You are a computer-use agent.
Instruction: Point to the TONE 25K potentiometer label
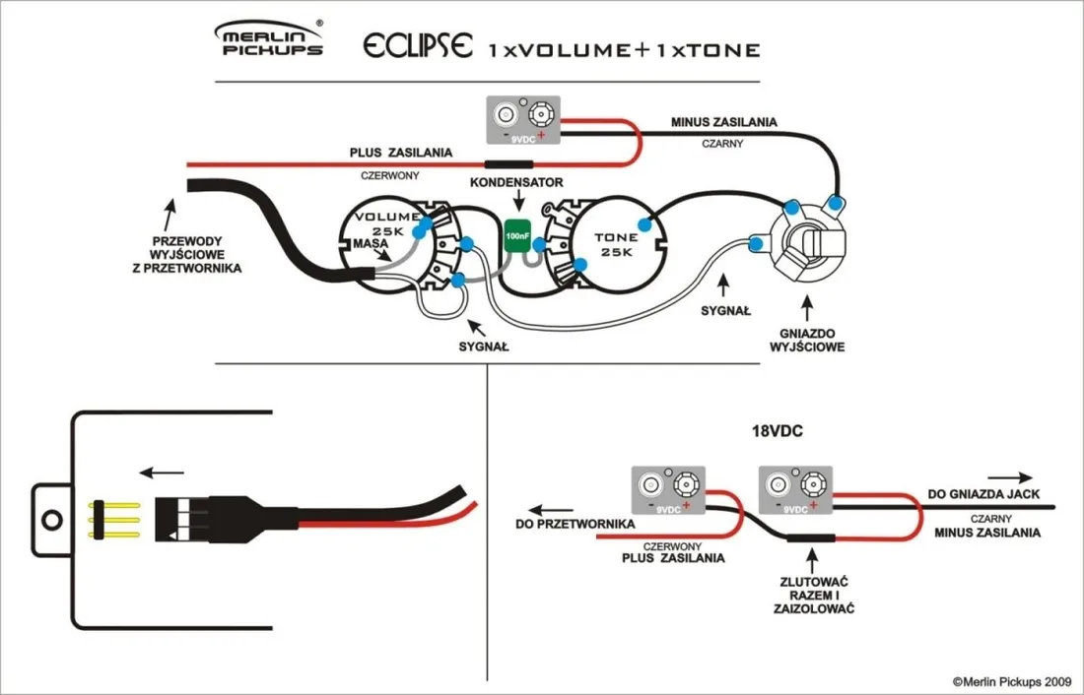[616, 245]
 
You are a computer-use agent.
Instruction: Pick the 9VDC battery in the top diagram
[524, 122]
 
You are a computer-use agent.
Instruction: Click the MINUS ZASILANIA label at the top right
[723, 122]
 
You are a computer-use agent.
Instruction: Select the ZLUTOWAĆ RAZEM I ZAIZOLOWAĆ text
[813, 594]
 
